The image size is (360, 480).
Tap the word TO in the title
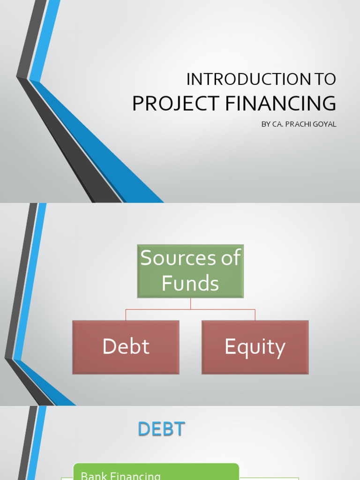pos(325,80)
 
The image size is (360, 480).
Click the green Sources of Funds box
pos(190,271)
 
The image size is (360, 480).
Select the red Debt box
pos(126,347)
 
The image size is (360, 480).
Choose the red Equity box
pos(255,347)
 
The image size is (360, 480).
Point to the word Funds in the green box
pos(190,284)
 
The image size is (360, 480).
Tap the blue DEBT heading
pos(162,429)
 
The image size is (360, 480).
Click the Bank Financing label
pos(121,476)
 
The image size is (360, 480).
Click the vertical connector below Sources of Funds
pos(190,303)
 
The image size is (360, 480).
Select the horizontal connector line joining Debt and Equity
pos(190,309)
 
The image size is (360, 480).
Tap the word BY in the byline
pos(266,125)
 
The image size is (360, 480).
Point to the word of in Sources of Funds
pos(231,258)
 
